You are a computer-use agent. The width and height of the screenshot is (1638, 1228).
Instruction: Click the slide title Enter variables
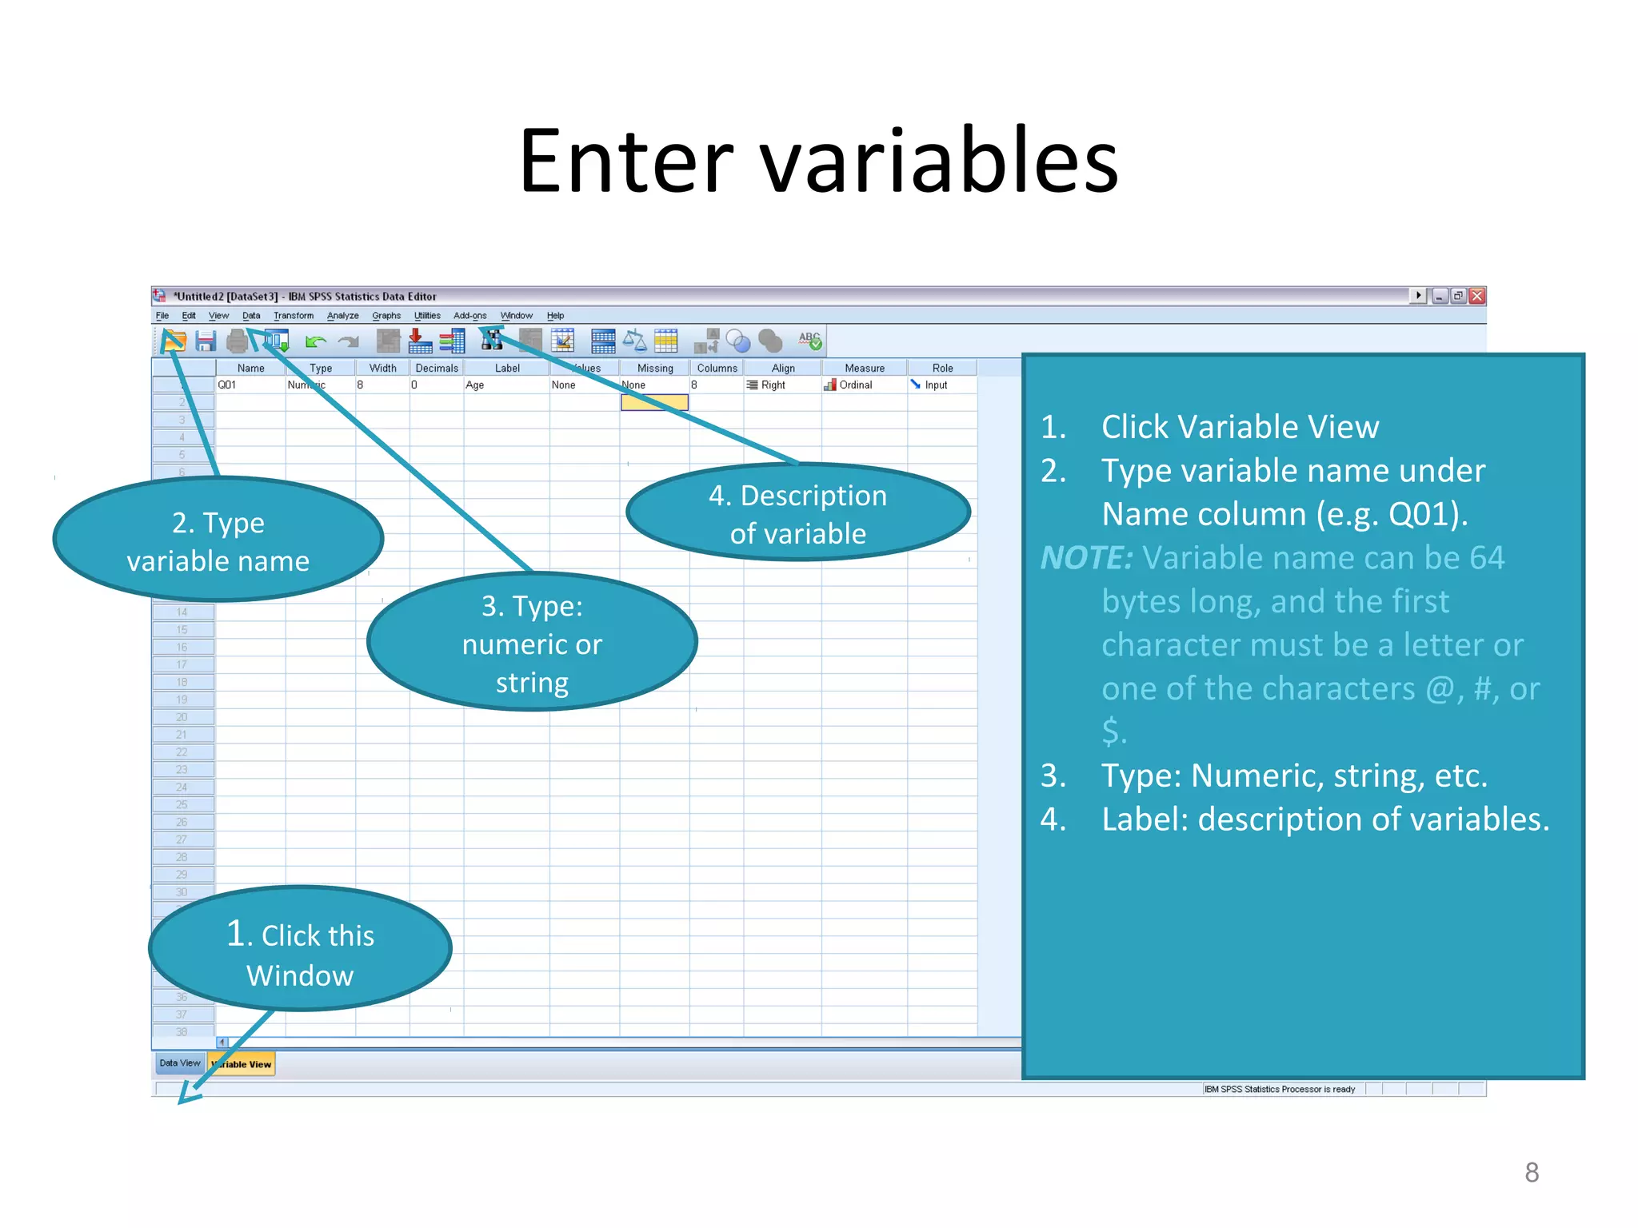[x=818, y=161]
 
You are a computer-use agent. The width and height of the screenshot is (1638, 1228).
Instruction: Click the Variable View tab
[x=242, y=1064]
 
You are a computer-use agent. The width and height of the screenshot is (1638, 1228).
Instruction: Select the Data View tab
[x=179, y=1063]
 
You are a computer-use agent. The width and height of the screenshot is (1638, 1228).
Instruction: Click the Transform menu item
[x=293, y=316]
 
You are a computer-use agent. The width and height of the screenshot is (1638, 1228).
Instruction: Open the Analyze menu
[x=342, y=316]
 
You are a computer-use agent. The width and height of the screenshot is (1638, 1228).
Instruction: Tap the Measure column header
[x=864, y=368]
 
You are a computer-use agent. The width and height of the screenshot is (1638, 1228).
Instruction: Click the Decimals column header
[x=437, y=368]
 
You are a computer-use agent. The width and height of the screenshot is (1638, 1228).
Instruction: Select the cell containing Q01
[x=248, y=385]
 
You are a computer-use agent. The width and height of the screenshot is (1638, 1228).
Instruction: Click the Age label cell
[x=504, y=385]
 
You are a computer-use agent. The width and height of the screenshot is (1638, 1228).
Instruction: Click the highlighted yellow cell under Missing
[x=654, y=402]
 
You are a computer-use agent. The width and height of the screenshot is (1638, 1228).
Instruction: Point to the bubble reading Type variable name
[x=218, y=541]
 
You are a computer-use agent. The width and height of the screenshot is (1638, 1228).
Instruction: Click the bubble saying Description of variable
[x=797, y=513]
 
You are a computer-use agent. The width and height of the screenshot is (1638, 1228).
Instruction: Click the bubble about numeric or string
[x=532, y=643]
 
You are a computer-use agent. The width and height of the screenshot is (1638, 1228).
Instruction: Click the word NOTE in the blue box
[x=1086, y=558]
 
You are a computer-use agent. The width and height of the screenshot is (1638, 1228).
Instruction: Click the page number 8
[x=1531, y=1172]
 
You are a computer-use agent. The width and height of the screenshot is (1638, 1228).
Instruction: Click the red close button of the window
[x=1477, y=296]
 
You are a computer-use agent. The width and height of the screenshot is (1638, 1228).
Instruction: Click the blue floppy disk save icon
[x=206, y=341]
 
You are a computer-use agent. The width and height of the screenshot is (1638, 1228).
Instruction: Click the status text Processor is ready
[x=1280, y=1089]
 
